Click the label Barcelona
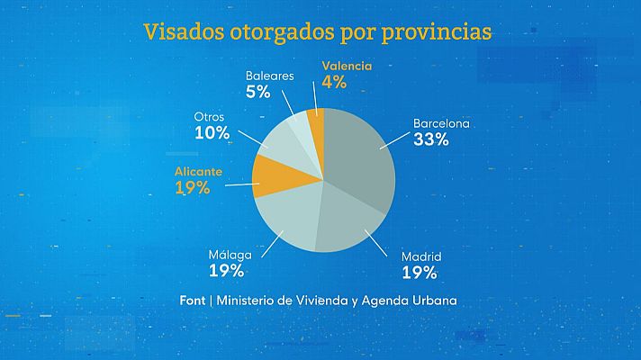tap(441, 123)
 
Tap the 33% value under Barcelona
tap(430, 140)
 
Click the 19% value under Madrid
tap(420, 272)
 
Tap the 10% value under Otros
tap(211, 133)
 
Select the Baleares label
tap(269, 76)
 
